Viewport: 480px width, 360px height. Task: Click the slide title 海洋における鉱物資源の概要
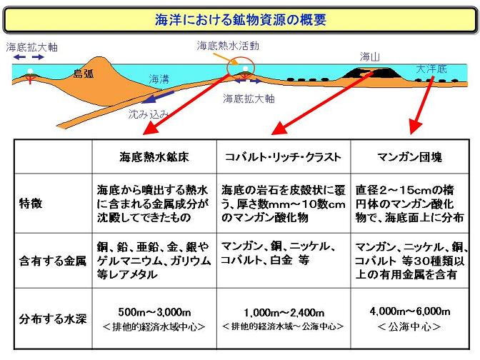(240, 19)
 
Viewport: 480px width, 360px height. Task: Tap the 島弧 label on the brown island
(84, 73)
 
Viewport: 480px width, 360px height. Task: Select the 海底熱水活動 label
(228, 45)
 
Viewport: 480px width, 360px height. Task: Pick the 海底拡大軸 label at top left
(31, 47)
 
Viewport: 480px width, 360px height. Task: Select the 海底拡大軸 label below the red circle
(249, 97)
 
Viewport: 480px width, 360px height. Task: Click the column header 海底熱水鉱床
(154, 156)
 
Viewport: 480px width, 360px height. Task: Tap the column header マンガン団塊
(410, 156)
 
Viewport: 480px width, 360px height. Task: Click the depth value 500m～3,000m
(154, 311)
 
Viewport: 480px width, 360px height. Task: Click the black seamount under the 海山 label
(371, 71)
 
